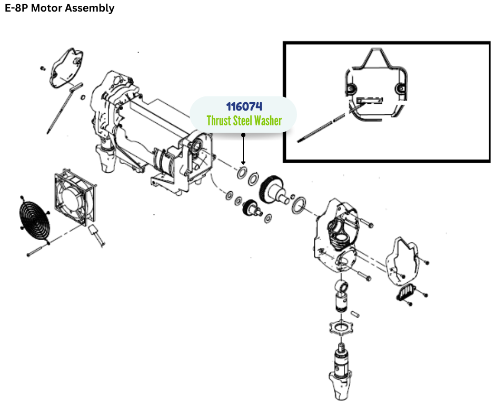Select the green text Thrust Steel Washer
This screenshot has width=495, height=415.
tap(244, 121)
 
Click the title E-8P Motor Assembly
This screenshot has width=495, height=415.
tap(60, 8)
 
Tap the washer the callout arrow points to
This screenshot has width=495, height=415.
tap(243, 172)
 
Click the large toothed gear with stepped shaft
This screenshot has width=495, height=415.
tap(274, 188)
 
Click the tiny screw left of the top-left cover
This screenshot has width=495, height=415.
tap(42, 68)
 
